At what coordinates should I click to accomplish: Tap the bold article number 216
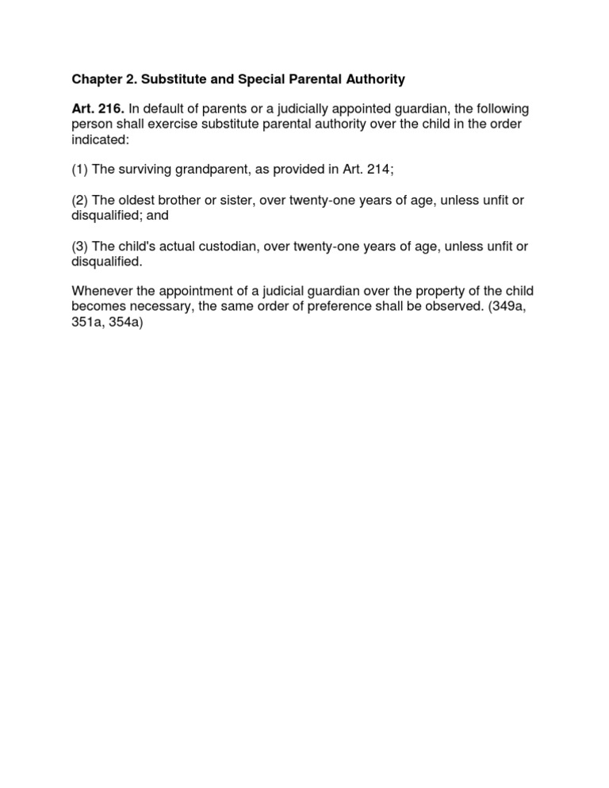111,109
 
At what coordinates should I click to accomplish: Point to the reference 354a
125,323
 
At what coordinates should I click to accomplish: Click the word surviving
146,170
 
